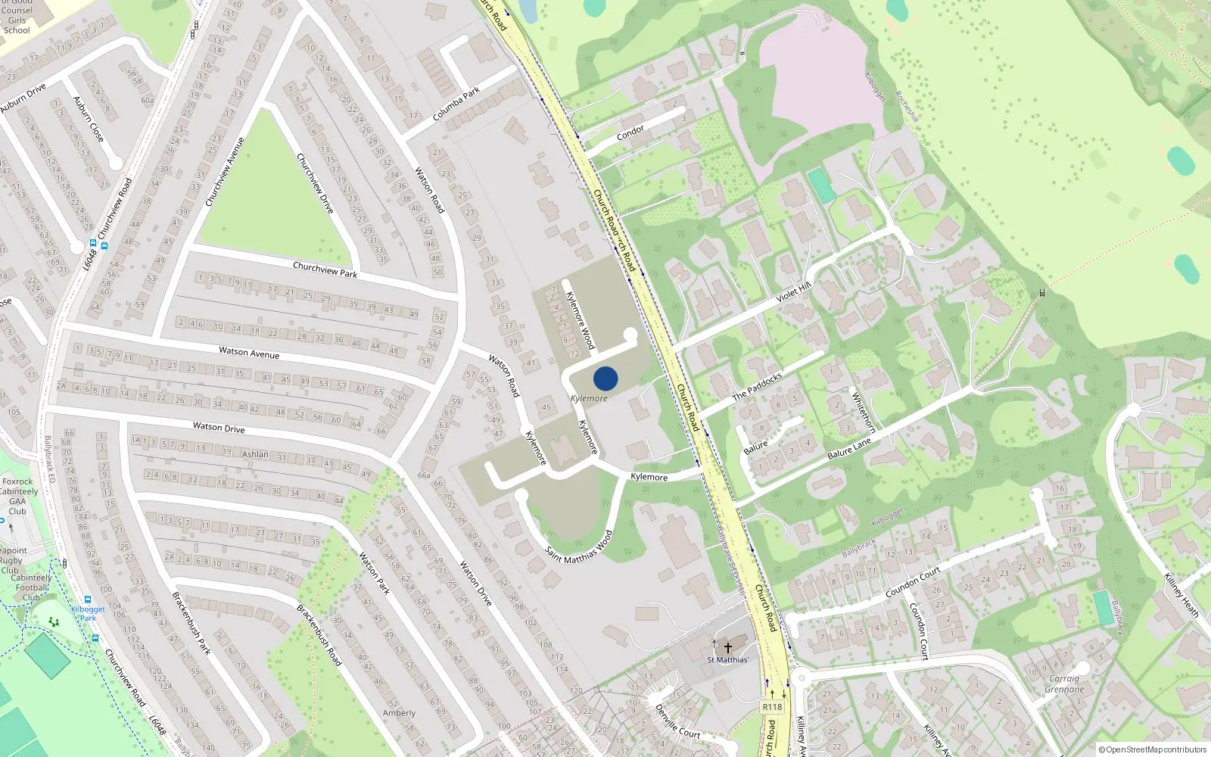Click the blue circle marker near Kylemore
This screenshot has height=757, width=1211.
(605, 378)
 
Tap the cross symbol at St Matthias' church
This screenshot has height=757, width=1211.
(728, 648)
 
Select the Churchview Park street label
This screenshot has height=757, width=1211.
(325, 269)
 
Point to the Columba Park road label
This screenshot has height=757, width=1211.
(456, 104)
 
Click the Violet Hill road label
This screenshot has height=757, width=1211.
(793, 292)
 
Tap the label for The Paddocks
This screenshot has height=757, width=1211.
(757, 387)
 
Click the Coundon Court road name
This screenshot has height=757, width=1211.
(913, 582)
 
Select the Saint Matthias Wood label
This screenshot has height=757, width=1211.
(579, 547)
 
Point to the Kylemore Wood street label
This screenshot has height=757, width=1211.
(581, 320)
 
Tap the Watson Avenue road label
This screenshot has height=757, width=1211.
(249, 353)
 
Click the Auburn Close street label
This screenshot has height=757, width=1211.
(88, 119)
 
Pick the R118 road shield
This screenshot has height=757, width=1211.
(772, 707)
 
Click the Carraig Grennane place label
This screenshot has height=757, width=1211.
(1064, 684)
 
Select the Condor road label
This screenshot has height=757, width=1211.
(630, 132)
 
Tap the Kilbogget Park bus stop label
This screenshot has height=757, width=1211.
(88, 613)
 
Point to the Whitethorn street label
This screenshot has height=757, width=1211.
(863, 412)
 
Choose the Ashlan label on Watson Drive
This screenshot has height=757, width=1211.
(255, 454)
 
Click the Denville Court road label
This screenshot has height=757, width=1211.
(677, 722)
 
